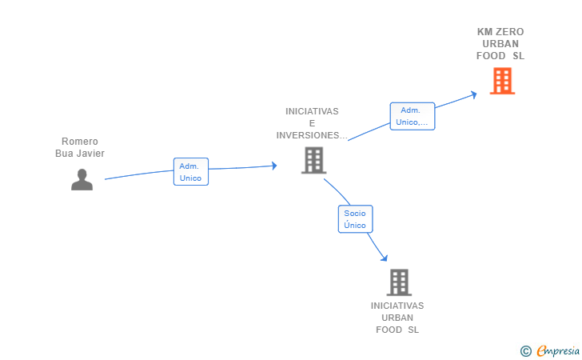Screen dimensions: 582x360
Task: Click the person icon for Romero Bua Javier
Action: [x=82, y=180]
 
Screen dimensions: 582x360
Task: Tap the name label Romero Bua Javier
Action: [x=80, y=147]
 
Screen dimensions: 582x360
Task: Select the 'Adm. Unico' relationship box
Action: [x=191, y=172]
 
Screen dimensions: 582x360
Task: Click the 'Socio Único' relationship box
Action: [x=355, y=219]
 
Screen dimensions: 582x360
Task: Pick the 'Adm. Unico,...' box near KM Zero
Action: [x=412, y=116]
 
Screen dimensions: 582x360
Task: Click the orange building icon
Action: [x=502, y=81]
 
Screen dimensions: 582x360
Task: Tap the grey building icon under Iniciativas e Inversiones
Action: [x=313, y=161]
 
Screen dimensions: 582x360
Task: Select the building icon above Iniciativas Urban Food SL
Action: [x=399, y=282]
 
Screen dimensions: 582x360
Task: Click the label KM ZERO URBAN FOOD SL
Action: [x=500, y=44]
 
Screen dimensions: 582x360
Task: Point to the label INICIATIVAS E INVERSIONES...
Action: [x=312, y=123]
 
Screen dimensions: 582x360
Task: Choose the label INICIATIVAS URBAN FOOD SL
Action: [x=397, y=318]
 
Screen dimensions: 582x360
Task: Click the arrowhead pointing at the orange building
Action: [x=474, y=94]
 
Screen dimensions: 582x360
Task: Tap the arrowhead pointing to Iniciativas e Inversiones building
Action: [x=274, y=166]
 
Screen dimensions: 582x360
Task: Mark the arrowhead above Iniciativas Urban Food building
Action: [x=385, y=258]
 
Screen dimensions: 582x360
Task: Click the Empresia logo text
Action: [x=558, y=350]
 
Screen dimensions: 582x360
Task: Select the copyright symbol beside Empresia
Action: [x=525, y=351]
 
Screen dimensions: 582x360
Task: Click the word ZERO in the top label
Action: [x=510, y=32]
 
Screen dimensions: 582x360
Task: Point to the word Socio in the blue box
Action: [x=355, y=214]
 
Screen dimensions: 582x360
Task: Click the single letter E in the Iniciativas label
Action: [x=312, y=123]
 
